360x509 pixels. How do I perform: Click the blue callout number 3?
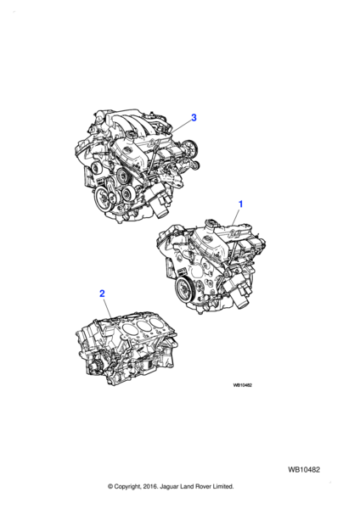click(194, 117)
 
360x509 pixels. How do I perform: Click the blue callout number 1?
click(240, 204)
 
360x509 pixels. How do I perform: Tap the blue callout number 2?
click(102, 294)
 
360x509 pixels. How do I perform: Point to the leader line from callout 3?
click(180, 126)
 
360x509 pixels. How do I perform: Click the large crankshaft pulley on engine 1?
click(184, 288)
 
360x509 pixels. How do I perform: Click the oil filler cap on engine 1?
click(211, 222)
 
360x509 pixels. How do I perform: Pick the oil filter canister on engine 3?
click(158, 204)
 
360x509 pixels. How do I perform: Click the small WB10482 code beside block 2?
click(242, 385)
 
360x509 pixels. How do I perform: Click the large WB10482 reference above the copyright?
click(303, 470)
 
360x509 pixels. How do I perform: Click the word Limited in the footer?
click(223, 486)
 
